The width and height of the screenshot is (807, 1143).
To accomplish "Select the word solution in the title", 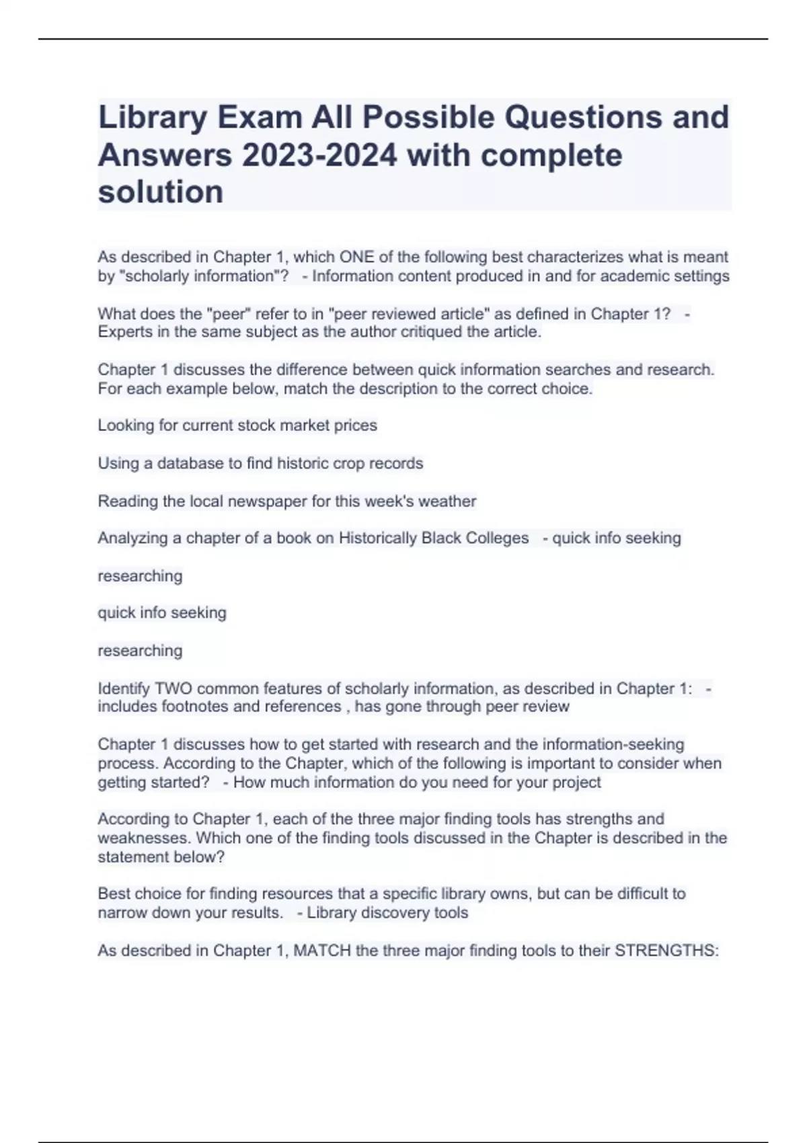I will click(161, 192).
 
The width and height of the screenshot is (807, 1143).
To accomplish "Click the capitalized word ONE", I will click(356, 257).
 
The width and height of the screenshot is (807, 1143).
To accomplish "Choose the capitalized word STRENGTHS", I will click(666, 951).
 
